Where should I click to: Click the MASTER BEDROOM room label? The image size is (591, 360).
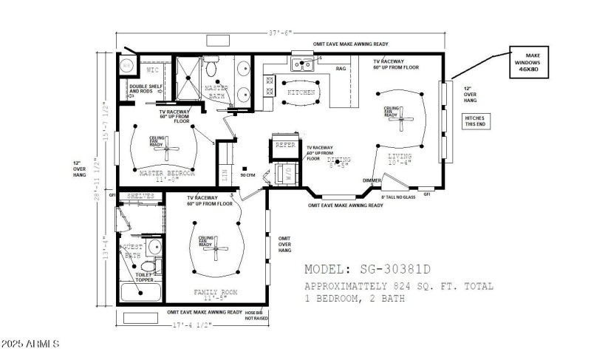pyautogui.click(x=167, y=173)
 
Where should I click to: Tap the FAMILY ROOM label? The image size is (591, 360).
pyautogui.click(x=215, y=293)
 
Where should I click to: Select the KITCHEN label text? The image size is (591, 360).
pyautogui.click(x=301, y=92)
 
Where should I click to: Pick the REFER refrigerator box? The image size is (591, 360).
pyautogui.click(x=285, y=146)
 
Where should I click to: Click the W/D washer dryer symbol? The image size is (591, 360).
pyautogui.click(x=285, y=174)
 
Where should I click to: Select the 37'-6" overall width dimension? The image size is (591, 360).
pyautogui.click(x=280, y=32)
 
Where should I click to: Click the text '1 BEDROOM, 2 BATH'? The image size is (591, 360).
pyautogui.click(x=355, y=299)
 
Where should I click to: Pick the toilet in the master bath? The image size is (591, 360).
pyautogui.click(x=211, y=71)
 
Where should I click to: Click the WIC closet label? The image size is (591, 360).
pyautogui.click(x=153, y=70)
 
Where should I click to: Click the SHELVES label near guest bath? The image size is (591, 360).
pyautogui.click(x=140, y=196)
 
